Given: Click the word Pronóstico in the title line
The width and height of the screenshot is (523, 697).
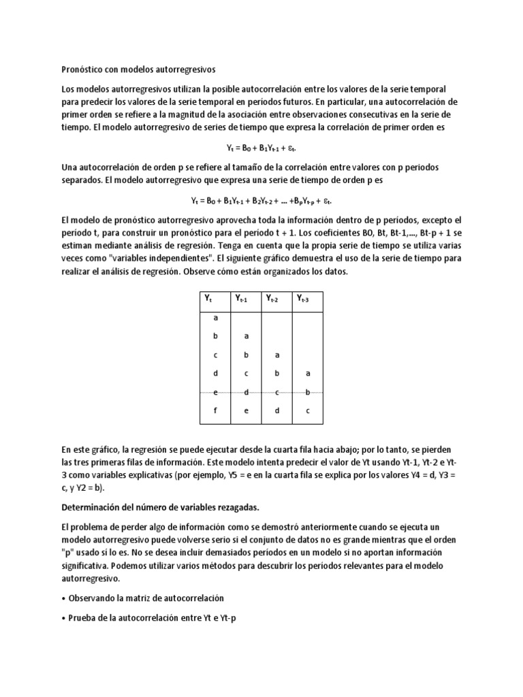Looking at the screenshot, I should [83, 69].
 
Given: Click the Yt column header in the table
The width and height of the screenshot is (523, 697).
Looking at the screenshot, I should [209, 298].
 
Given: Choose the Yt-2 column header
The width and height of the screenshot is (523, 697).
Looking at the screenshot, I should [276, 298].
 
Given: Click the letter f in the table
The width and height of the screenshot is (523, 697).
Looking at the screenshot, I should [215, 410].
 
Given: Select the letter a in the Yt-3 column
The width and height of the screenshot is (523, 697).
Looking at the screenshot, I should [308, 373].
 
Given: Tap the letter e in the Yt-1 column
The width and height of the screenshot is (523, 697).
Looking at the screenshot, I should [247, 410].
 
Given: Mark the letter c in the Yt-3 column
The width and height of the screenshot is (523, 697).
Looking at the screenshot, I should [308, 410].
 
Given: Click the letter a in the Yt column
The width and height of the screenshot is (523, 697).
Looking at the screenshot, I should [215, 318].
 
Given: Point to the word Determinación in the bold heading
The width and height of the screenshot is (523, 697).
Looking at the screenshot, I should [93, 508].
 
